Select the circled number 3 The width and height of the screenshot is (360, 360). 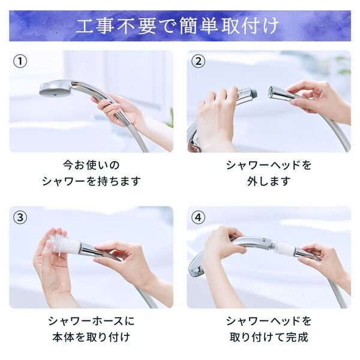(x=21, y=217)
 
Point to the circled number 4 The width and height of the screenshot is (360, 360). (x=199, y=217)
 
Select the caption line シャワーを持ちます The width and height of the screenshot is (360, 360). (x=91, y=181)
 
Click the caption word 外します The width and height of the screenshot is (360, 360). (x=269, y=181)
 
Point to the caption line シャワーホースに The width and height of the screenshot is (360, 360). (x=91, y=320)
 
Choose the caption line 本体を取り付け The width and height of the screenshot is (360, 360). (x=91, y=337)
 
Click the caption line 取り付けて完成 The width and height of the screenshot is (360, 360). (x=269, y=337)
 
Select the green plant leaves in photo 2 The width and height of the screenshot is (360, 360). (x=342, y=64)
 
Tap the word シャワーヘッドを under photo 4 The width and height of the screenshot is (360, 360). (x=269, y=320)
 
